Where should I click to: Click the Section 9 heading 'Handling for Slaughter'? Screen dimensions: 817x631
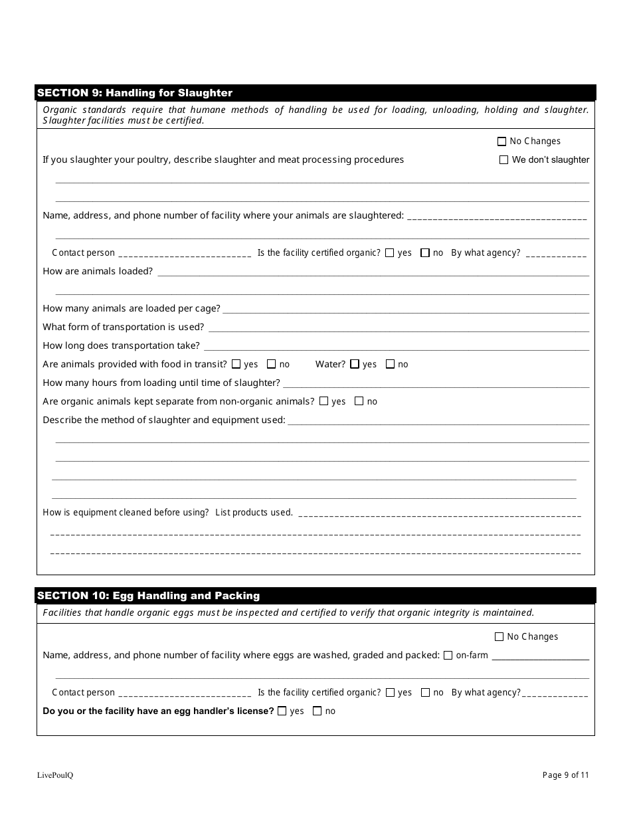[x=135, y=93]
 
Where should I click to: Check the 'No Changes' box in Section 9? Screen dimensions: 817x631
[x=501, y=141]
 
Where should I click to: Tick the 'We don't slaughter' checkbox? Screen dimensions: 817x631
[x=503, y=160]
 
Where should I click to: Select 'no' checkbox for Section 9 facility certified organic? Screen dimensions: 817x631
[x=425, y=253]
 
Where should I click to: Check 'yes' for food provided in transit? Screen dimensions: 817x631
[x=236, y=364]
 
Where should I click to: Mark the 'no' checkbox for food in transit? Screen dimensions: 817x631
[x=271, y=364]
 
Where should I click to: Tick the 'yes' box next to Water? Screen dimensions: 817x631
[x=355, y=364]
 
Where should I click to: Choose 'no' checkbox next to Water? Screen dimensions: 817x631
[x=390, y=364]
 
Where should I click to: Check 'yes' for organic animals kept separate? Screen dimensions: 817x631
[x=324, y=401]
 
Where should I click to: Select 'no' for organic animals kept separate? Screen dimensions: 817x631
[x=359, y=401]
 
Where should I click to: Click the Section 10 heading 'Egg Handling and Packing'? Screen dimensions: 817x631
[x=148, y=596]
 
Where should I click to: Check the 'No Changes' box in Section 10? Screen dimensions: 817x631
[x=499, y=637]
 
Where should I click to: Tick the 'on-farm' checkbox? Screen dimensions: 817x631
[x=448, y=656]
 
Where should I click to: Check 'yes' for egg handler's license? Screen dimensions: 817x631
[x=282, y=711]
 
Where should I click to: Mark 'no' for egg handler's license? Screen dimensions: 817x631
[x=317, y=711]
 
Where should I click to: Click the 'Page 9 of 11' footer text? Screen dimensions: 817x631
[x=566, y=774]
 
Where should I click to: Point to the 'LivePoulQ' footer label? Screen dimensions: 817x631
[x=55, y=775]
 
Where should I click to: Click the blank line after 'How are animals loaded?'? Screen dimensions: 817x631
[x=372, y=272]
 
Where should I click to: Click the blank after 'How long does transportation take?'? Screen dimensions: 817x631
[x=395, y=347]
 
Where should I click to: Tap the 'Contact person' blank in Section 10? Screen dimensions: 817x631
[x=184, y=694]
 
